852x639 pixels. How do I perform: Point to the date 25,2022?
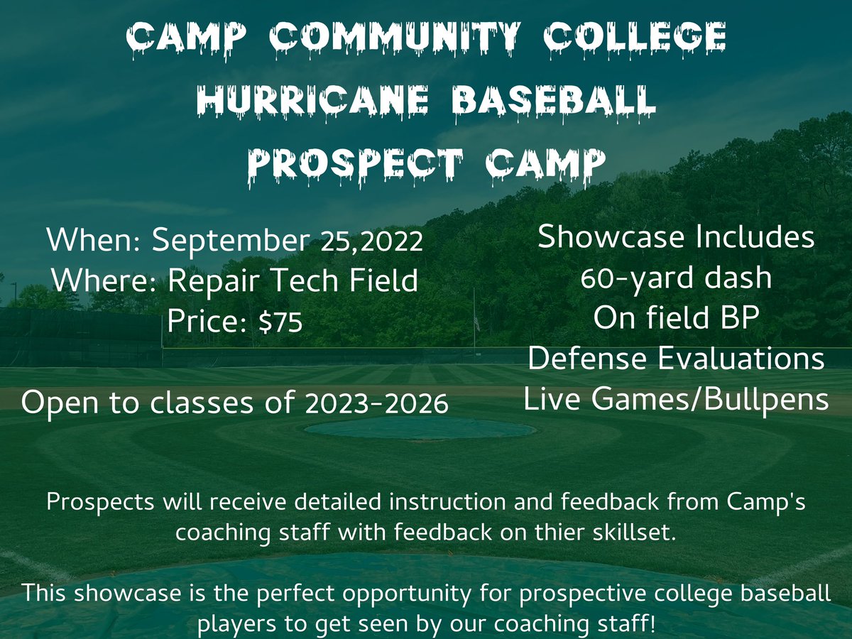click(x=372, y=243)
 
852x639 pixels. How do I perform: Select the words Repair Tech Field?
click(x=293, y=282)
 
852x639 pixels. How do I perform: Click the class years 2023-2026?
click(x=376, y=404)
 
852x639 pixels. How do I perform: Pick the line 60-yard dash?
click(x=675, y=278)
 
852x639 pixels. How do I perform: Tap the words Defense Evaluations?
click(x=675, y=359)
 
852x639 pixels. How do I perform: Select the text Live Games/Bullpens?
click(x=675, y=400)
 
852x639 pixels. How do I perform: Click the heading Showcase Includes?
click(x=675, y=237)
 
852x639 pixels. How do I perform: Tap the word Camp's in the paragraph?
click(x=765, y=501)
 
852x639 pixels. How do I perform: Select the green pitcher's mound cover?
click(x=420, y=428)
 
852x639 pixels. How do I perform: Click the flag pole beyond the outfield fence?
click(x=474, y=319)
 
